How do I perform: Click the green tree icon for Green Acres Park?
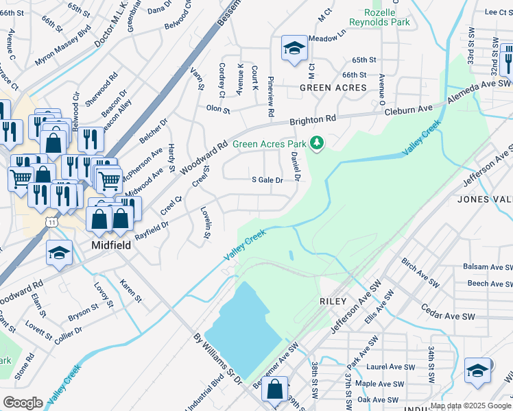point(316,143)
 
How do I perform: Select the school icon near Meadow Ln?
point(294,49)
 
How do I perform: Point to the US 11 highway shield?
point(52,223)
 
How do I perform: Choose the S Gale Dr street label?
point(267,180)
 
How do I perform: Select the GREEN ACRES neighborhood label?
point(333,88)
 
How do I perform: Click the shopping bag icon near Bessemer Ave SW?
point(275,389)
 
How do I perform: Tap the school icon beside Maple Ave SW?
point(477,370)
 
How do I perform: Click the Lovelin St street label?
point(204,223)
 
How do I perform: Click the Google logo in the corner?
point(23,403)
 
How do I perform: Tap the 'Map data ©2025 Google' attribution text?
point(470,406)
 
